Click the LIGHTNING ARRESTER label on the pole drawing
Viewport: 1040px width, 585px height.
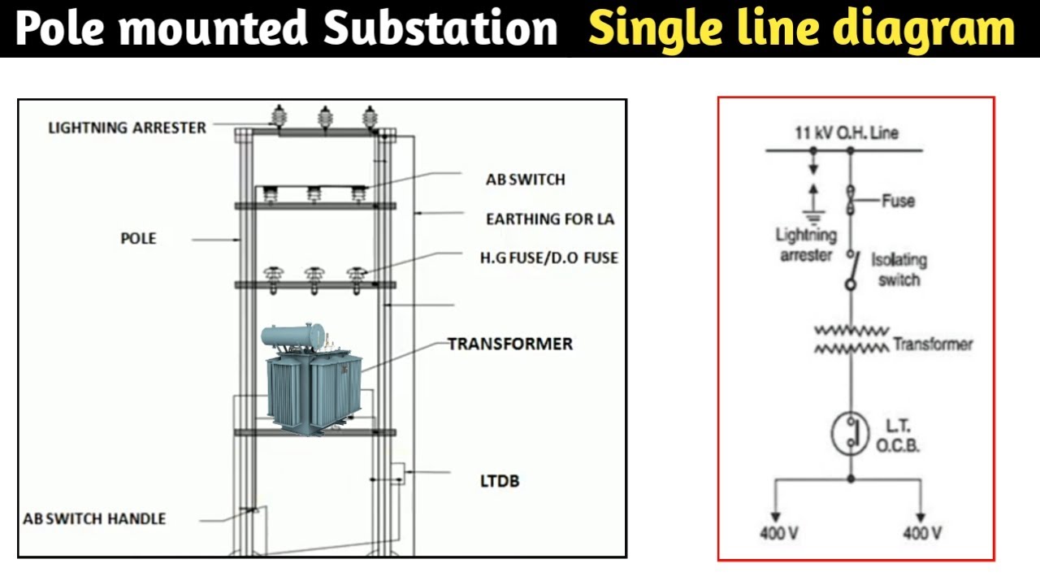pyautogui.click(x=128, y=128)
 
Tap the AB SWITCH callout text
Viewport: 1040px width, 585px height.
pyautogui.click(x=526, y=180)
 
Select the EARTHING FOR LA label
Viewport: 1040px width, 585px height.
pyautogui.click(x=550, y=219)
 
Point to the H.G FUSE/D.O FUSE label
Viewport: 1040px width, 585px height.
pyautogui.click(x=549, y=258)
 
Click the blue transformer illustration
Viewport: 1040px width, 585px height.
pyautogui.click(x=312, y=379)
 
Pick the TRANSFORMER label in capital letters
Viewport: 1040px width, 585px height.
pyautogui.click(x=510, y=344)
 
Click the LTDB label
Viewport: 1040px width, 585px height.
pyautogui.click(x=500, y=481)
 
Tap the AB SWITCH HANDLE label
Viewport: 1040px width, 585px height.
pyautogui.click(x=94, y=518)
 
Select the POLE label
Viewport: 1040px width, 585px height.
pyautogui.click(x=138, y=239)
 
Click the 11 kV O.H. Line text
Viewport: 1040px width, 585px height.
pyautogui.click(x=847, y=132)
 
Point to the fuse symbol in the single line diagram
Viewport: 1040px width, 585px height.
pyautogui.click(x=851, y=200)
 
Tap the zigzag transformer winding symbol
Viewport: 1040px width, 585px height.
pyautogui.click(x=852, y=340)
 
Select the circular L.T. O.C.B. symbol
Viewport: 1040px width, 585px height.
pyautogui.click(x=850, y=434)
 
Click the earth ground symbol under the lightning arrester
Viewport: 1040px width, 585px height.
pyautogui.click(x=813, y=217)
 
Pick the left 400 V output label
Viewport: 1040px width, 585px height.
pyautogui.click(x=779, y=534)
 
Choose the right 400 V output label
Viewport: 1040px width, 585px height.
pyautogui.click(x=922, y=534)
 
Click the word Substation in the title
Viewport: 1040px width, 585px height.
pyautogui.click(x=440, y=28)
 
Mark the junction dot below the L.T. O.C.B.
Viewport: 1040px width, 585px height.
pyautogui.click(x=851, y=479)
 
